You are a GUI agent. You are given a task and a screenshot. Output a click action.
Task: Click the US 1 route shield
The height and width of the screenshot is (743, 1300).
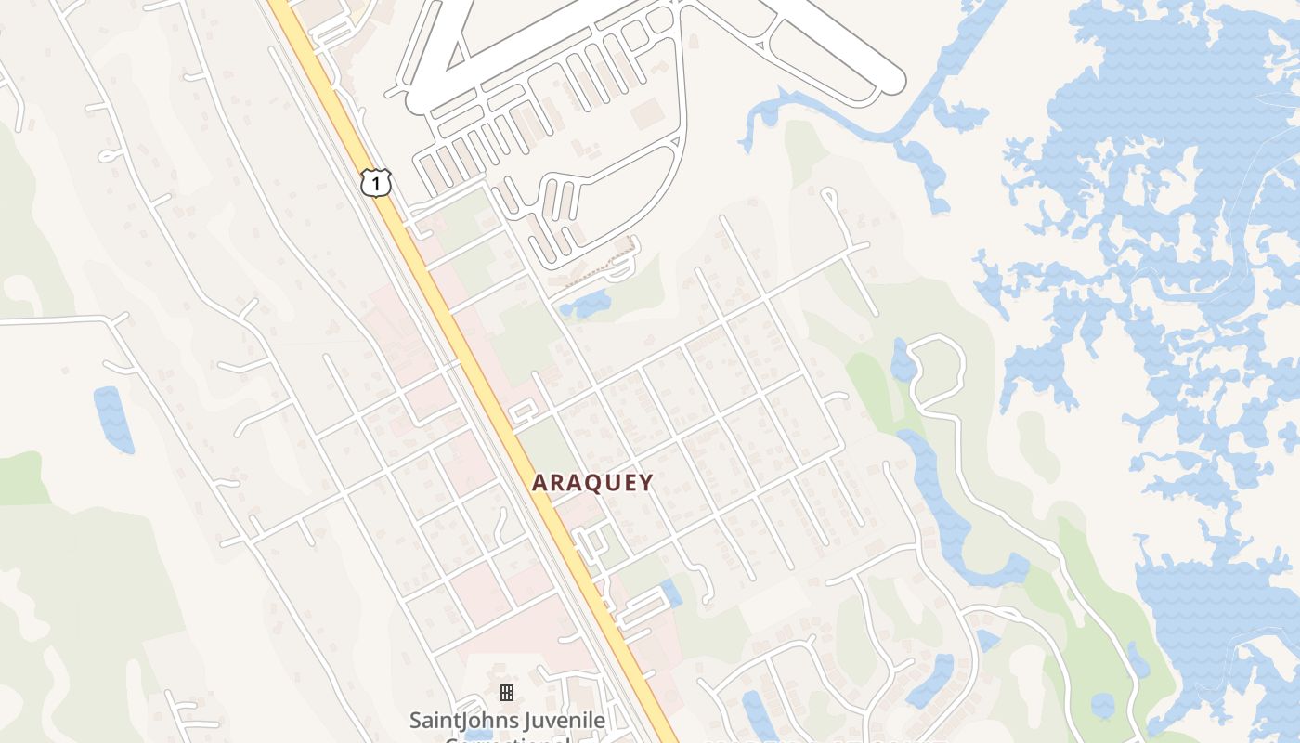point(376,182)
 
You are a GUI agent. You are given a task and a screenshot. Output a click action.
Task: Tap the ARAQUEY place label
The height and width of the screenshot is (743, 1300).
point(592,483)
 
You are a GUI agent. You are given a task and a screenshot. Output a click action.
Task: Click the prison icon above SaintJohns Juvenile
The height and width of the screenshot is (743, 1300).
point(506,693)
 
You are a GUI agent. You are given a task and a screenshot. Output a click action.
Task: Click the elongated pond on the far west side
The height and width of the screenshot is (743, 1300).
point(113,420)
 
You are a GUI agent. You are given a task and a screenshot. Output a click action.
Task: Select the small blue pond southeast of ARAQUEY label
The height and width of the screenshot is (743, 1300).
point(670,593)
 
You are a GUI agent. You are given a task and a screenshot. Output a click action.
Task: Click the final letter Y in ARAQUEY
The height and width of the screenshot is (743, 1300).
point(645,483)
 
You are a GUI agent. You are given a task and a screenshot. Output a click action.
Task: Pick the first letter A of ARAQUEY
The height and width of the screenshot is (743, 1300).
point(539,483)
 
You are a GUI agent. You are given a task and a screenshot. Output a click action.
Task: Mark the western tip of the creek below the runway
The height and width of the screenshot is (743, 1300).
point(745,144)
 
